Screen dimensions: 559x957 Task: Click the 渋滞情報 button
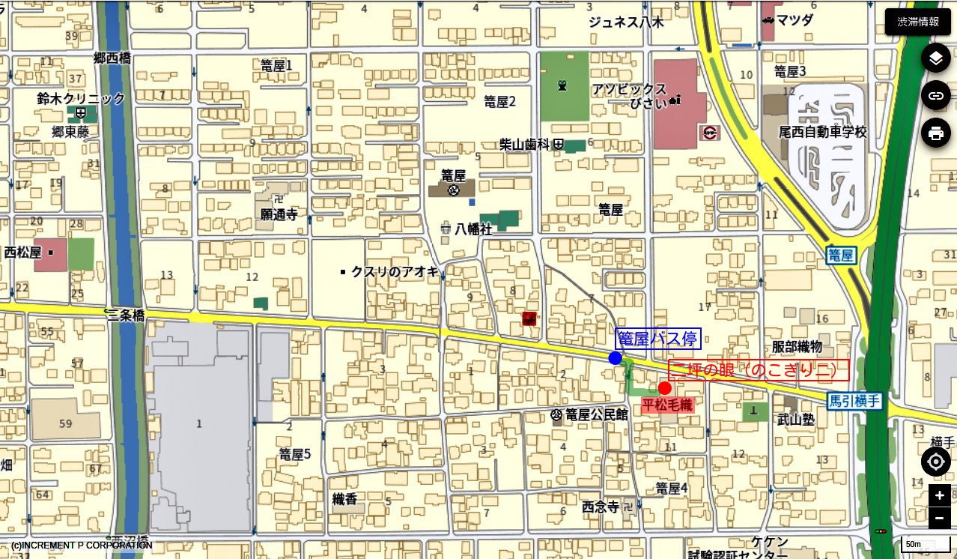click(918, 22)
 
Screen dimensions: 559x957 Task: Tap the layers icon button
click(935, 58)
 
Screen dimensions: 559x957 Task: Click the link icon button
click(935, 95)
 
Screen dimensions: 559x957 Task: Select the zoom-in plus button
click(939, 495)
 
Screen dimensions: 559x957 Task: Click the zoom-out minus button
click(939, 518)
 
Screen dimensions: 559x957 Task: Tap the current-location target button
click(935, 462)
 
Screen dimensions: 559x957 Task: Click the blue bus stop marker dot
click(616, 358)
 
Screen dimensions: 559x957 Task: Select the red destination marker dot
click(664, 387)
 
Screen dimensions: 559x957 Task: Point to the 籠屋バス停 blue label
click(657, 339)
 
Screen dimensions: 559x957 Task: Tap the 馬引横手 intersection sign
click(854, 401)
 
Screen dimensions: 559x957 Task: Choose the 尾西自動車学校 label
click(822, 132)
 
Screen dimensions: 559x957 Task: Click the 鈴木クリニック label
click(81, 98)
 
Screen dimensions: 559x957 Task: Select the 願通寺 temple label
click(279, 214)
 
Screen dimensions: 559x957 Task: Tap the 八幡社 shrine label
click(473, 229)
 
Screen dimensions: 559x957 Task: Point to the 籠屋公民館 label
click(596, 414)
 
